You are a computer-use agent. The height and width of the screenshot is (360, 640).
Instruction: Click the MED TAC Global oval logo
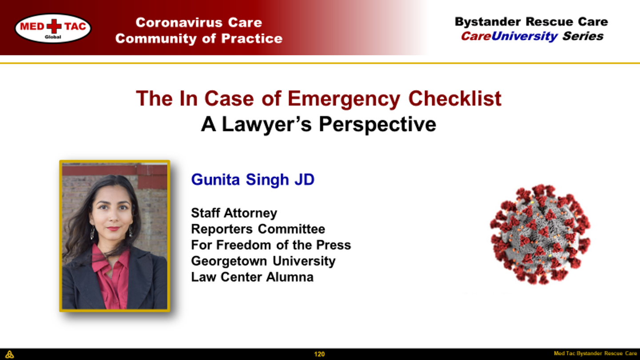pyautogui.click(x=53, y=28)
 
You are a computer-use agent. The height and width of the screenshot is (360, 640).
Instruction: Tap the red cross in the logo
pyautogui.click(x=54, y=26)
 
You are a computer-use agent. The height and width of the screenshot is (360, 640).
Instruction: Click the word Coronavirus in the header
pyautogui.click(x=179, y=22)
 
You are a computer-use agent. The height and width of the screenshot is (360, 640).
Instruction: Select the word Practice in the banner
pyautogui.click(x=252, y=39)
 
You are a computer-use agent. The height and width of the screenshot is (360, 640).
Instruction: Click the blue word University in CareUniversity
pyautogui.click(x=524, y=36)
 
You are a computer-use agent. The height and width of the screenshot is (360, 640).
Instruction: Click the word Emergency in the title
pyautogui.click(x=344, y=99)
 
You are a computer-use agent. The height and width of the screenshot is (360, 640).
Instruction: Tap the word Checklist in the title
pyautogui.click(x=455, y=99)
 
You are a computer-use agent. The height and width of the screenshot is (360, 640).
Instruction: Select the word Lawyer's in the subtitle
pyautogui.click(x=267, y=125)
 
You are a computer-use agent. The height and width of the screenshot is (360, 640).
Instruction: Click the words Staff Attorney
pyautogui.click(x=234, y=213)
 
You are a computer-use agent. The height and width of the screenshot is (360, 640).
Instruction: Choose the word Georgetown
pyautogui.click(x=229, y=261)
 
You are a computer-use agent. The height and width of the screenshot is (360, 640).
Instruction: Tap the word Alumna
pyautogui.click(x=290, y=277)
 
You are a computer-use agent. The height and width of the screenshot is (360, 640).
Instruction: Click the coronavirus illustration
pyautogui.click(x=540, y=235)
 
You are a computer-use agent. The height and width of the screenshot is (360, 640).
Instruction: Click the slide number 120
pyautogui.click(x=320, y=354)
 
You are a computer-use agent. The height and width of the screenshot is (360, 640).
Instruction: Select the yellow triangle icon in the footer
pyautogui.click(x=9, y=354)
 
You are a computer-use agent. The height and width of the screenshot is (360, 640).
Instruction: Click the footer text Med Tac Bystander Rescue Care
pyautogui.click(x=596, y=354)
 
